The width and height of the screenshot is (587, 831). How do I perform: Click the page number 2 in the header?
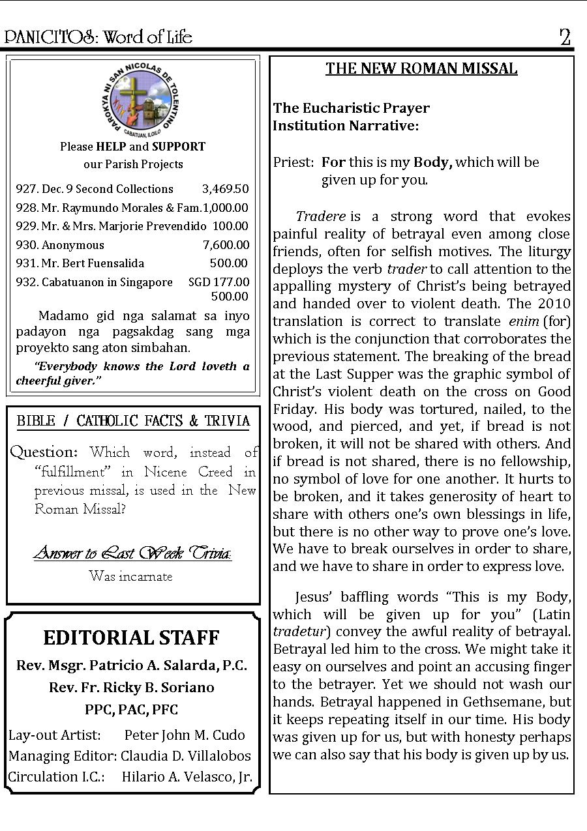565,37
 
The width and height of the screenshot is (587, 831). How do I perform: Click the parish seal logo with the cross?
132,104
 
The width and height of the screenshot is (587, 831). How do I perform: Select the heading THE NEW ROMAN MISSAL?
421,69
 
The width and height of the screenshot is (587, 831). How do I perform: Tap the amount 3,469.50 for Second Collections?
225,189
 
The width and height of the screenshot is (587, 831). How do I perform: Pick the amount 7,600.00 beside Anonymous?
226,245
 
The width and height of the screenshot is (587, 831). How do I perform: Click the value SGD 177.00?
218,282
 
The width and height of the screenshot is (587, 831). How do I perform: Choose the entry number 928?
27,208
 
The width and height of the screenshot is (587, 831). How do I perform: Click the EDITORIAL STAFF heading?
131,637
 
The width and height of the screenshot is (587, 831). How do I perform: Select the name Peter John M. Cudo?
185,735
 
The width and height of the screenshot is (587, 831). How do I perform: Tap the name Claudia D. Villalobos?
186,756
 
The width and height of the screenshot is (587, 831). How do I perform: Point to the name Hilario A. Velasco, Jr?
187,777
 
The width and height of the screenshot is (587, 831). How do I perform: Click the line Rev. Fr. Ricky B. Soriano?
131,687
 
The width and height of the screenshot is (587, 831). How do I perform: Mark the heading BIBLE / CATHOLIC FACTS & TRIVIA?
133,421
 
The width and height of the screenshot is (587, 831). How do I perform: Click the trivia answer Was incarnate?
130,576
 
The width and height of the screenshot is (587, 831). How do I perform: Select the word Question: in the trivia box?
44,452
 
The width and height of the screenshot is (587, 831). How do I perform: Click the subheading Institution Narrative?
346,126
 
